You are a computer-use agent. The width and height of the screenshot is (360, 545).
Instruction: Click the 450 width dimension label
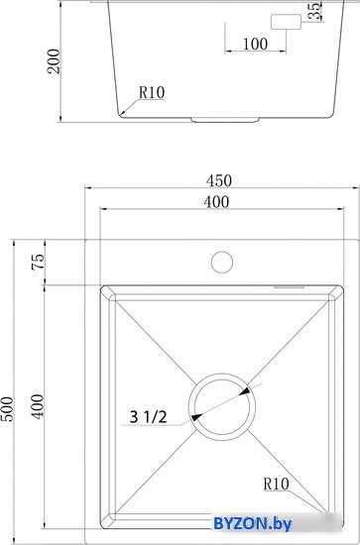219,180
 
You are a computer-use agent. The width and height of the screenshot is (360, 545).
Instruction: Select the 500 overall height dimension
7,408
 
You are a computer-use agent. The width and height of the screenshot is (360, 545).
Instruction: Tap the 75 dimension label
38,261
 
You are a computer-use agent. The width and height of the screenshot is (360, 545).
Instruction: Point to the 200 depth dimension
54,61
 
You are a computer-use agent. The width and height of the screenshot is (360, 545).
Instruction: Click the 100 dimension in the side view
255,44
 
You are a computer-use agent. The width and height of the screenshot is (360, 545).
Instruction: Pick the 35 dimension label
314,11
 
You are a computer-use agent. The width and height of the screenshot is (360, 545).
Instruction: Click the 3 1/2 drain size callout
148,417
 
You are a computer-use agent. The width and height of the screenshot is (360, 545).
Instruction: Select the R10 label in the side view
152,92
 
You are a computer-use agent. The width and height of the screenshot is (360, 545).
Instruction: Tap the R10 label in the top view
276,484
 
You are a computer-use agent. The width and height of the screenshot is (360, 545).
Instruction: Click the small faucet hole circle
222,262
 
